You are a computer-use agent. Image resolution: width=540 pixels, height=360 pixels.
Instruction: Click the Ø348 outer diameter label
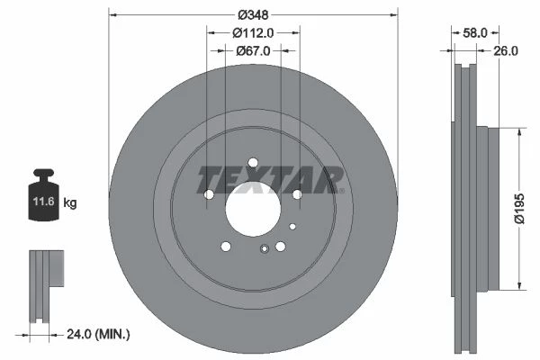coord(253,14)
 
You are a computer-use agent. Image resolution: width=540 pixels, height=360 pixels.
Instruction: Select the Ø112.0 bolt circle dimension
coord(253,32)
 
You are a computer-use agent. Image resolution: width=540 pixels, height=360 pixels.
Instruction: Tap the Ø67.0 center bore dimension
coord(253,51)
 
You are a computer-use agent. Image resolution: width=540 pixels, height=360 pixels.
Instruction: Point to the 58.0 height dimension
coord(475,33)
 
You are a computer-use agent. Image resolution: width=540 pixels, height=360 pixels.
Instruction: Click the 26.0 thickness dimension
coord(506,51)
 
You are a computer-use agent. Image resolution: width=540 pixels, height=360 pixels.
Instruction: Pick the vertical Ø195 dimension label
coord(519,209)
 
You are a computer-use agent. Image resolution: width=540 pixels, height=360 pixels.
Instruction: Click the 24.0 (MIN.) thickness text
coord(98,334)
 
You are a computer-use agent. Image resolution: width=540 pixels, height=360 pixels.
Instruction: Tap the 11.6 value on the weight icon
coord(44,202)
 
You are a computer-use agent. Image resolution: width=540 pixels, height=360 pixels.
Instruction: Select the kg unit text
coord(70,202)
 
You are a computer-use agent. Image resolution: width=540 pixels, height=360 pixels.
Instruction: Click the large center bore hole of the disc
coord(253,209)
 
